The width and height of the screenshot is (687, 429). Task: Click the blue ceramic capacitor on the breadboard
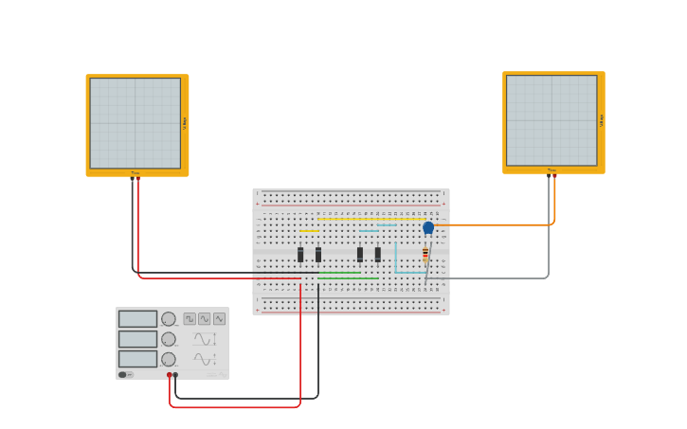click(428, 227)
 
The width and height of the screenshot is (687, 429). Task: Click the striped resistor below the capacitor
click(425, 255)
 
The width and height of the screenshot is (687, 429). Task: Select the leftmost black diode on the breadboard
click(300, 255)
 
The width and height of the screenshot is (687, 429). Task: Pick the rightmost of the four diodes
click(378, 255)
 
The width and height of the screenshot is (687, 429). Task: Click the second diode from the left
click(318, 255)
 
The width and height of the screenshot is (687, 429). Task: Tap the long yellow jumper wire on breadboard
click(371, 219)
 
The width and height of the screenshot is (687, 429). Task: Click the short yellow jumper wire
click(309, 231)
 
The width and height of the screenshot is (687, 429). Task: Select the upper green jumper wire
click(339, 273)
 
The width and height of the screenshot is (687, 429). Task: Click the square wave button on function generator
click(190, 319)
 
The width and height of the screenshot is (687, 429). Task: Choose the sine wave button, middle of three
click(204, 319)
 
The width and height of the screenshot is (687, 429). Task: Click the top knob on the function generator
click(169, 319)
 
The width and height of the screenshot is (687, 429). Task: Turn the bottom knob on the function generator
click(169, 359)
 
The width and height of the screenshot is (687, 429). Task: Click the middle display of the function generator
click(137, 339)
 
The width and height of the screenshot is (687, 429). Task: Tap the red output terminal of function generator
click(170, 375)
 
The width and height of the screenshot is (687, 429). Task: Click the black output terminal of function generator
click(175, 375)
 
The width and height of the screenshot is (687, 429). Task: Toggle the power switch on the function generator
click(123, 375)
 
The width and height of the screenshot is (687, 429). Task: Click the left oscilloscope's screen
click(136, 123)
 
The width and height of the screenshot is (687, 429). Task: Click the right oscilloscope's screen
click(551, 120)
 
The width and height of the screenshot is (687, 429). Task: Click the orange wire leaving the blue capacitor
click(493, 224)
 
